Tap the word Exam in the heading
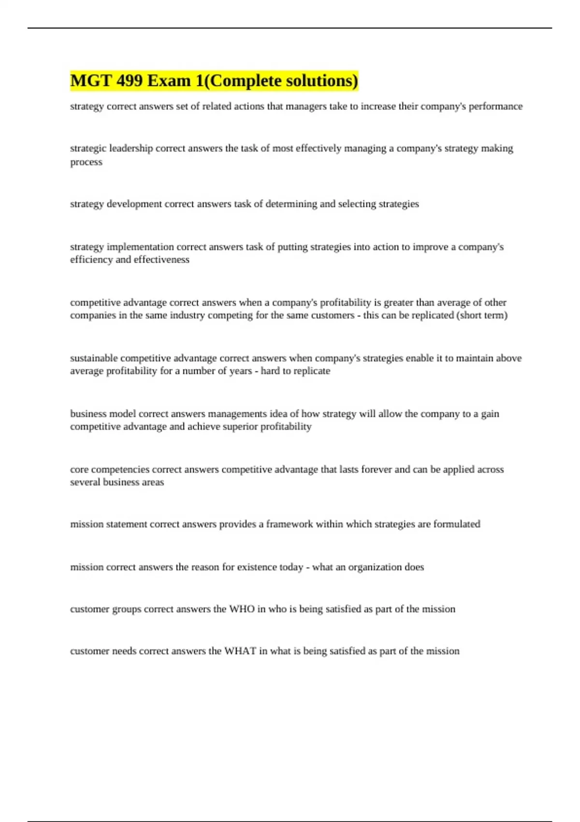169,80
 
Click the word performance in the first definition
495,106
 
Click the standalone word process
86,162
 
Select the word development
134,204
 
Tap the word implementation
140,247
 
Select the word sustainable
94,358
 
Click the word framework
290,524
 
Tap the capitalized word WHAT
240,651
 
